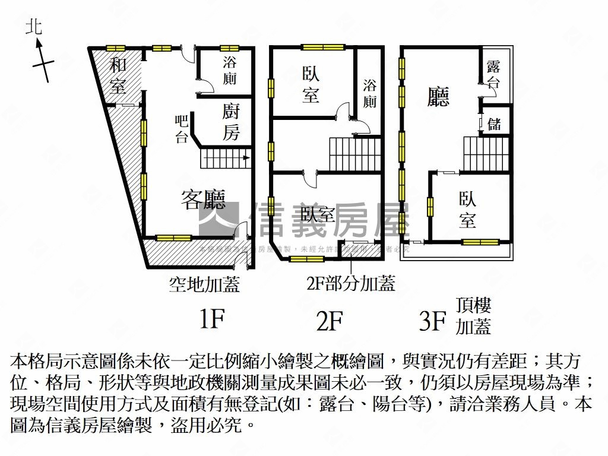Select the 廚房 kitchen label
[230, 122]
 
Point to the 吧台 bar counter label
[182, 129]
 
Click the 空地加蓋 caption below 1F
[204, 286]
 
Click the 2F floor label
[330, 321]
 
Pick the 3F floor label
[432, 321]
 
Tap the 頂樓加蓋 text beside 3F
[473, 316]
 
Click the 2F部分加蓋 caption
[350, 284]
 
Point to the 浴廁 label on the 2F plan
[369, 93]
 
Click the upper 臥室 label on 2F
[311, 84]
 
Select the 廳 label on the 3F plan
[439, 96]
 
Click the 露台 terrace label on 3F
[493, 74]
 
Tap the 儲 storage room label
[494, 123]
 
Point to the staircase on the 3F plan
[486, 154]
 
